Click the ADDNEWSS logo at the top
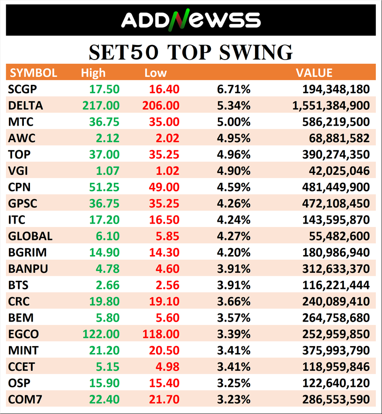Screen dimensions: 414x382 [191, 20]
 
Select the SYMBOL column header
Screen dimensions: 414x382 [33, 73]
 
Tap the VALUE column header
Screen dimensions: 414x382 [314, 73]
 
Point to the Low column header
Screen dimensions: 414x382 [156, 73]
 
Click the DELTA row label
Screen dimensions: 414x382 [25, 105]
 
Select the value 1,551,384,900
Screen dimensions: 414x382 [331, 105]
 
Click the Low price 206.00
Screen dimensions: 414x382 [160, 105]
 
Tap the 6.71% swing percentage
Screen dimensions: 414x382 [233, 89]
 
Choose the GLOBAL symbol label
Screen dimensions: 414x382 [30, 236]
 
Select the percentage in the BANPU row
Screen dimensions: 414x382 [233, 269]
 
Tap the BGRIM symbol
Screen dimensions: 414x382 [27, 252]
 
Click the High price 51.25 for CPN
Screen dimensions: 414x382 [105, 187]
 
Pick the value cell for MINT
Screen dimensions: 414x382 [334, 350]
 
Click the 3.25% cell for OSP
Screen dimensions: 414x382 [233, 383]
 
